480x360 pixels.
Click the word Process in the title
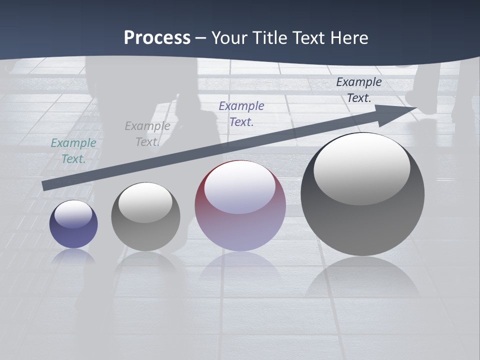157,38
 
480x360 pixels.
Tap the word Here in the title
348,38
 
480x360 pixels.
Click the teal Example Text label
73,150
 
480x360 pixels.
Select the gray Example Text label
147,134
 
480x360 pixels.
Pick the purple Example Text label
241,113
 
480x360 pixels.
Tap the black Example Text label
359,89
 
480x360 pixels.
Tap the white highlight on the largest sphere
362,167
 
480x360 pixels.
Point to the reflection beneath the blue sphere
73,256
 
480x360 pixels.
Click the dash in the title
201,38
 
